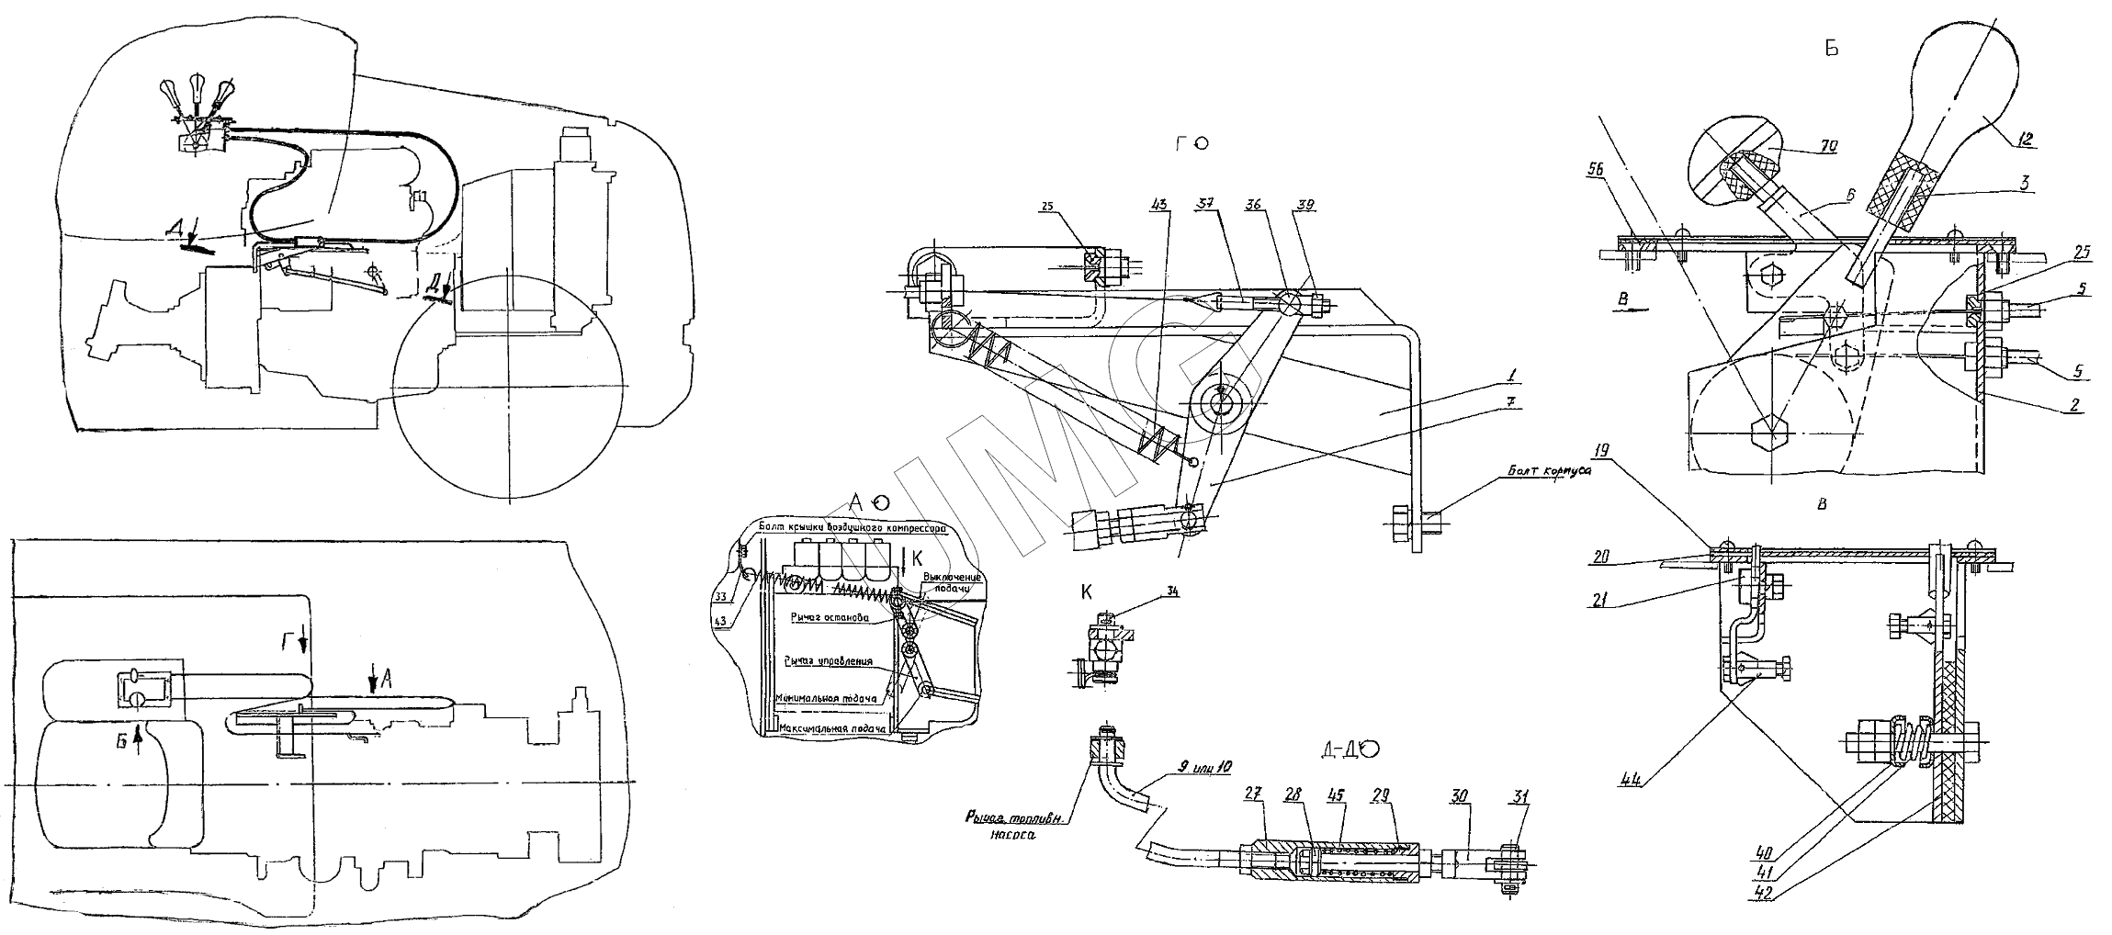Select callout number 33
pos(722,597)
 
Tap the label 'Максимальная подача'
pos(833,730)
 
